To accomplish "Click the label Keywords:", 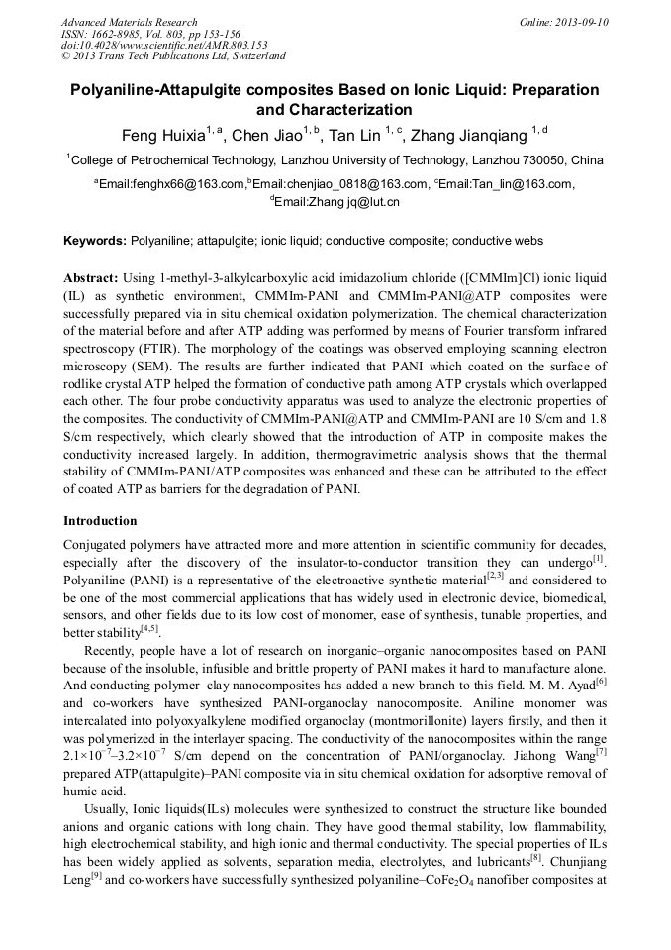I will pyautogui.click(x=95, y=241).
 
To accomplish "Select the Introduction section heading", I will pyautogui.click(x=100, y=520).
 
